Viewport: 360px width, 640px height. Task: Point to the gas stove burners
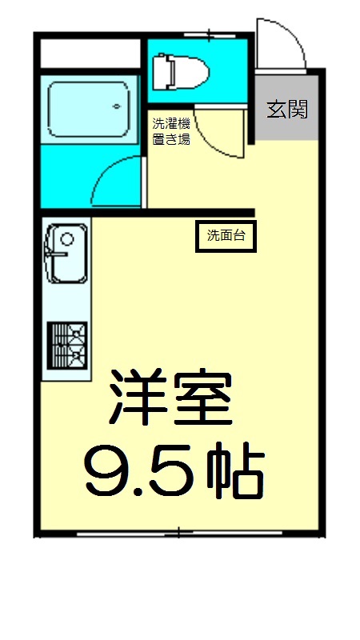pyautogui.click(x=66, y=344)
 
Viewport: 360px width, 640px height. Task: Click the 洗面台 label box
pyautogui.click(x=226, y=236)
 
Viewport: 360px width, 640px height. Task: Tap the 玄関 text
pyautogui.click(x=286, y=110)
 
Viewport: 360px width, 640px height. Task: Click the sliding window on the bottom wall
pyautogui.click(x=180, y=531)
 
